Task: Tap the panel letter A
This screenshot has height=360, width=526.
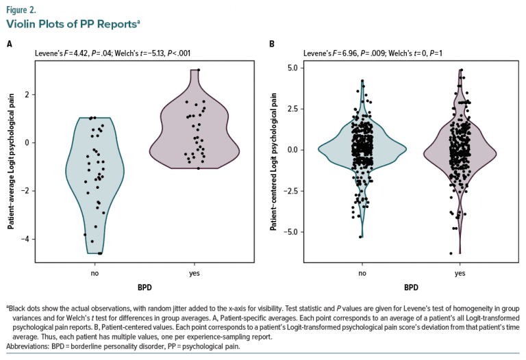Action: pos(10,44)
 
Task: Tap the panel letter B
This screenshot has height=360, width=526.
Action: pos(272,44)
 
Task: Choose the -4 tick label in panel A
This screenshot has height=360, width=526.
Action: pos(27,239)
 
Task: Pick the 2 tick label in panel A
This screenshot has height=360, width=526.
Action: pos(29,94)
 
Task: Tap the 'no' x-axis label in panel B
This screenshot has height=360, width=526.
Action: pos(361,272)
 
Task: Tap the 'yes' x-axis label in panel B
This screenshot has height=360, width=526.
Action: pos(460,272)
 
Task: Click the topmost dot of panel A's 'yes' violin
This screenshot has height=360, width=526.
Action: pos(199,70)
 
